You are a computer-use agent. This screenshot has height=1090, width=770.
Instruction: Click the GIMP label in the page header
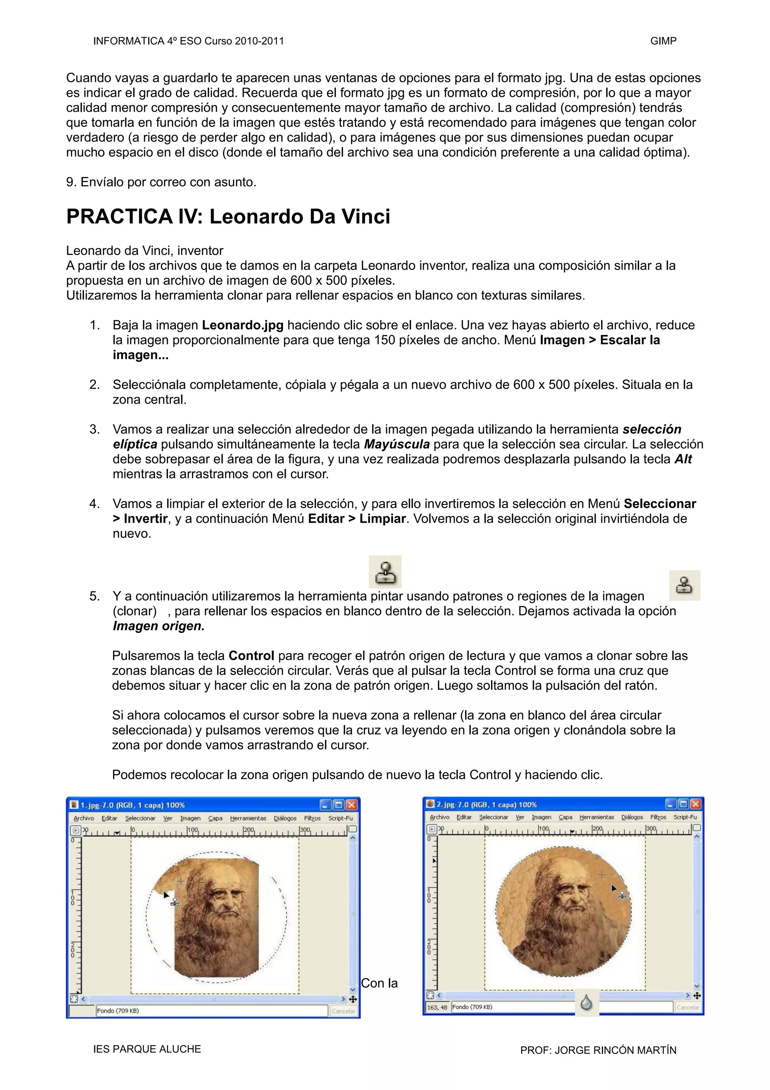[663, 41]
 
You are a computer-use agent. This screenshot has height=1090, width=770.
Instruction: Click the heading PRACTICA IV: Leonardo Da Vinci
[228, 217]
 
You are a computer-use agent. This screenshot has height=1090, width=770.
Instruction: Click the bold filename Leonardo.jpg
[243, 325]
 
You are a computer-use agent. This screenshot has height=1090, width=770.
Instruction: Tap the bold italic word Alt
[683, 459]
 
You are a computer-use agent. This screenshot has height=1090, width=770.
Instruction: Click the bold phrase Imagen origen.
[158, 626]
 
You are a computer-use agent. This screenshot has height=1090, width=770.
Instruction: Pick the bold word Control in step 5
[251, 656]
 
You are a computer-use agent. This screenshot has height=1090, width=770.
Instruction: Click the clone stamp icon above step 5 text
[385, 572]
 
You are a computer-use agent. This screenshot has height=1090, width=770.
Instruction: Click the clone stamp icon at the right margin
[684, 585]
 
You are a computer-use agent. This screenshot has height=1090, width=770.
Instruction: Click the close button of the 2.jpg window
[695, 804]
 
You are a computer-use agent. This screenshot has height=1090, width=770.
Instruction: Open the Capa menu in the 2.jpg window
[565, 817]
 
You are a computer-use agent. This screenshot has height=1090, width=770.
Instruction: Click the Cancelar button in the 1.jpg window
[343, 1011]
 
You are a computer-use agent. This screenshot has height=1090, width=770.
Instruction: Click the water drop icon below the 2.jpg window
[587, 1003]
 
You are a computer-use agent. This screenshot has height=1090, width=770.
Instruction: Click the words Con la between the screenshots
[379, 983]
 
